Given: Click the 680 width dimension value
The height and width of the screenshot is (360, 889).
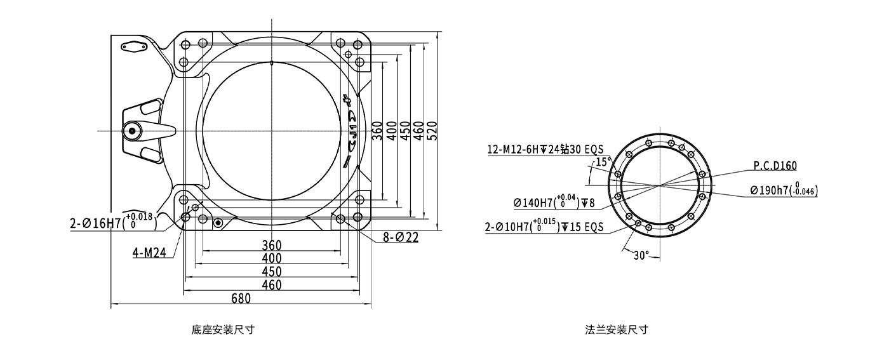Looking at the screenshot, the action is point(241,298).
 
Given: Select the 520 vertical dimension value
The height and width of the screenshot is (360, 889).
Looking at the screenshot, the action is point(433,131).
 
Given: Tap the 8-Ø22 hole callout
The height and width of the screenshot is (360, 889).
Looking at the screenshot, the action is point(401,237).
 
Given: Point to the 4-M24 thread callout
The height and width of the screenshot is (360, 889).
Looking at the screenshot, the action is point(149,253).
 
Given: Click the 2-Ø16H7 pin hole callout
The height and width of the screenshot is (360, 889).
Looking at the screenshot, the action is point(114,222).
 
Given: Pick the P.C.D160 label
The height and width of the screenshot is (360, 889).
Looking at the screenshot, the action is point(775,166).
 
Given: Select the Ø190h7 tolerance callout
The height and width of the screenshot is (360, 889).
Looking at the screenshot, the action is point(784,190).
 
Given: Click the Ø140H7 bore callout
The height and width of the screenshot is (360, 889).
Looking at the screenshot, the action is point(554,202).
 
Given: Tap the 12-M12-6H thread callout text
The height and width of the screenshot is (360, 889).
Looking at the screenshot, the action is point(545,149).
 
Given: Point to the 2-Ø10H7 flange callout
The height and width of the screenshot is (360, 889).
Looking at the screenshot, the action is point(544,226).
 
